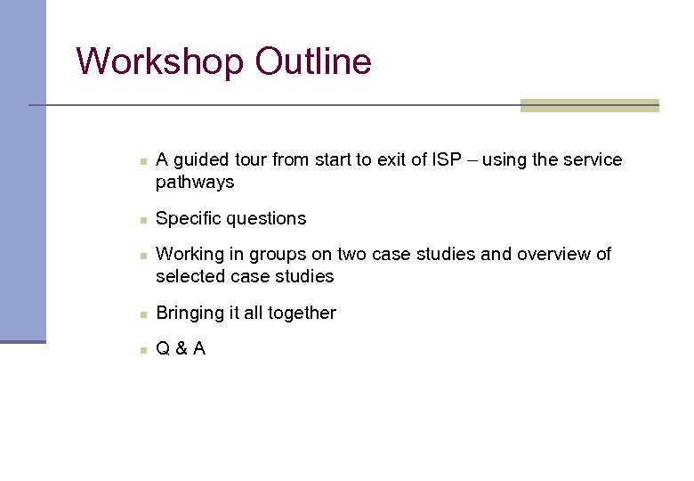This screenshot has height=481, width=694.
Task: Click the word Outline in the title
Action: pyautogui.click(x=312, y=62)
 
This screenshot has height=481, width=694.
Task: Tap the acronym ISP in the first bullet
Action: pyautogui.click(x=448, y=160)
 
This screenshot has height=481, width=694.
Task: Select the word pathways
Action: pyautogui.click(x=195, y=183)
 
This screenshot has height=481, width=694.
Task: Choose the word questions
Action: pyautogui.click(x=266, y=219)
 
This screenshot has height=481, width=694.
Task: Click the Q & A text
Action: pyautogui.click(x=181, y=349)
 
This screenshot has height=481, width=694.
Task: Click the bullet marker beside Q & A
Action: pyautogui.click(x=142, y=350)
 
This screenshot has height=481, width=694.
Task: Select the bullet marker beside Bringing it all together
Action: pyautogui.click(x=142, y=314)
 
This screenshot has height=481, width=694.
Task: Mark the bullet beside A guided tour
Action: pyautogui.click(x=142, y=161)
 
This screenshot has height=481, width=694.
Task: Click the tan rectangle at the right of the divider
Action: pyautogui.click(x=589, y=105)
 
